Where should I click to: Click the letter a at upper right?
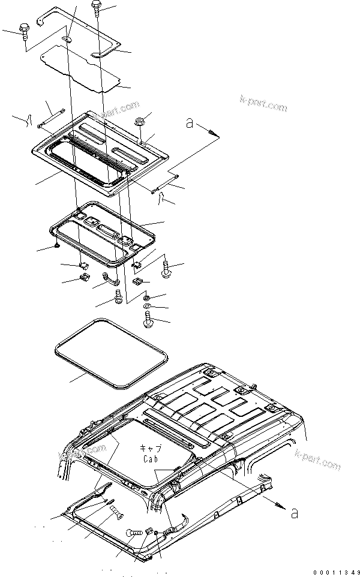pyautogui.click(x=190, y=123)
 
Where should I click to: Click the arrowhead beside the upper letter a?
pyautogui.click(x=212, y=132)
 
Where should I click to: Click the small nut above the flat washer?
pyautogui.click(x=146, y=296)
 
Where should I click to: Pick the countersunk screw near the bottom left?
pyautogui.click(x=116, y=510)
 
